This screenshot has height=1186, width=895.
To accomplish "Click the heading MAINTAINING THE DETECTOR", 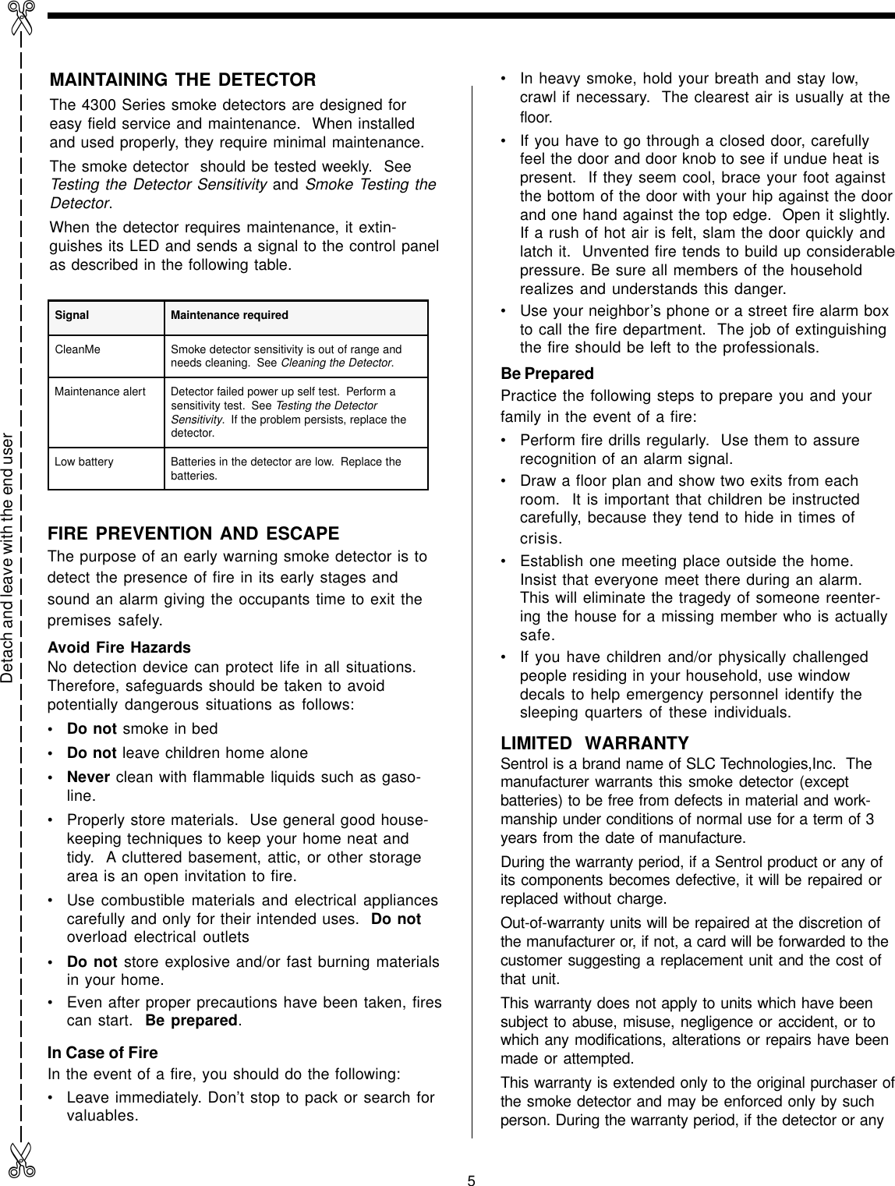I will coord(182,80).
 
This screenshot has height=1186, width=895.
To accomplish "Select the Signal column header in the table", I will coord(72,316).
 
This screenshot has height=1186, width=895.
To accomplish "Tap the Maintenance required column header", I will coord(229,316).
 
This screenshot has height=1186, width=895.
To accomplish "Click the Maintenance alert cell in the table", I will coord(100,391).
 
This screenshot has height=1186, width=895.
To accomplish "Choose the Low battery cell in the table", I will coord(83,462).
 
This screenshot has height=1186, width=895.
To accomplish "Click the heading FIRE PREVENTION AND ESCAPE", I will coord(193,535).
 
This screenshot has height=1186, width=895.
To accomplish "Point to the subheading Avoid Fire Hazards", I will coord(119,648).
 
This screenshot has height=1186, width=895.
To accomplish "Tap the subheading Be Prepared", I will coord(547,374).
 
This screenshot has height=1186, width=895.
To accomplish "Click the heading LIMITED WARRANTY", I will coord(594,743).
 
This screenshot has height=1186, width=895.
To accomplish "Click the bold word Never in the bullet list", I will coord(88,778).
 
